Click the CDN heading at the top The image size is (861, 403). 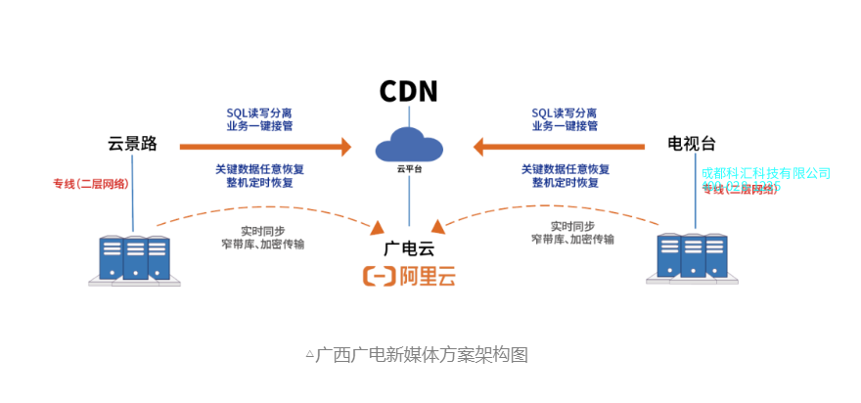[x=409, y=92]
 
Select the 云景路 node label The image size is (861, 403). [x=132, y=144]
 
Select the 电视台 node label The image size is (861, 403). [x=692, y=145]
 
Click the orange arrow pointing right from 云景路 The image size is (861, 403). [x=264, y=148]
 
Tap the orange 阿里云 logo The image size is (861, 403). [x=409, y=277]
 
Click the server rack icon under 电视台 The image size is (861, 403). [x=692, y=257]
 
